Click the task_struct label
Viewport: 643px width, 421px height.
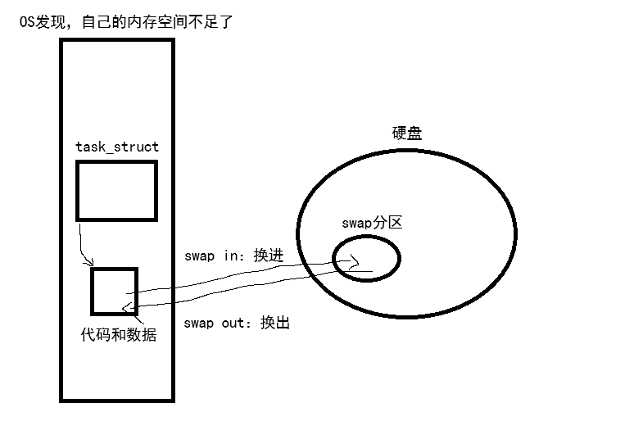pyautogui.click(x=117, y=147)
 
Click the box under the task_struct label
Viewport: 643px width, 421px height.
pyautogui.click(x=116, y=190)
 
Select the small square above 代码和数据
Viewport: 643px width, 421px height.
pyautogui.click(x=114, y=290)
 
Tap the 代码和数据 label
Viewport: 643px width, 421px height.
pyautogui.click(x=118, y=335)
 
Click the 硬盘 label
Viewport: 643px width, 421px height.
pyautogui.click(x=407, y=134)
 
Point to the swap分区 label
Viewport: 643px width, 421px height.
pyautogui.click(x=373, y=223)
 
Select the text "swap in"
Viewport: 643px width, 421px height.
pyautogui.click(x=211, y=256)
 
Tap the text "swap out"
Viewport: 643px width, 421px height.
pyautogui.click(x=214, y=323)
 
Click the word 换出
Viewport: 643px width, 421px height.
pyautogui.click(x=275, y=323)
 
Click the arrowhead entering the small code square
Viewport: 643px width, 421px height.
pyautogui.click(x=125, y=307)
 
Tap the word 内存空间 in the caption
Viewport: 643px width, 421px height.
pyautogui.click(x=163, y=23)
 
